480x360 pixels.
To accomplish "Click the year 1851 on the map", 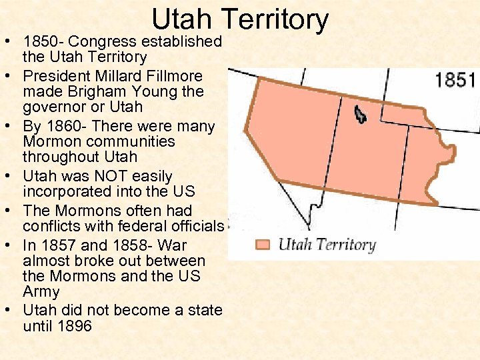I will click(455, 81).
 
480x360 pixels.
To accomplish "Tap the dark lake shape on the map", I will click(360, 115).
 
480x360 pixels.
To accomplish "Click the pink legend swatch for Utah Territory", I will click(263, 244).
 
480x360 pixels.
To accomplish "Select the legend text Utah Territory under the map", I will click(327, 244).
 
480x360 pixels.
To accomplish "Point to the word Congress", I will click(106, 41).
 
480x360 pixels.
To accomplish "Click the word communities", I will click(133, 141).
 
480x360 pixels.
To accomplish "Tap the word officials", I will click(195, 227).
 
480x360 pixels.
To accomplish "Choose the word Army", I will click(41, 291).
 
